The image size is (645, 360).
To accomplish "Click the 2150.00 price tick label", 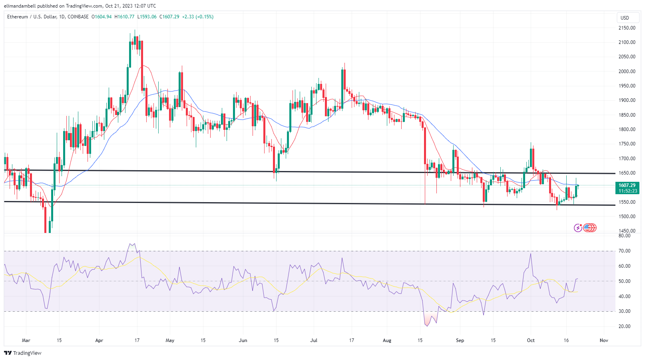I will (x=627, y=28).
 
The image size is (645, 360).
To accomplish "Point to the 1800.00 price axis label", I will (x=627, y=129).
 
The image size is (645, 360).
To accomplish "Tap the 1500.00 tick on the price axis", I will (x=627, y=217).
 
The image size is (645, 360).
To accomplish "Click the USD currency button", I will (x=625, y=18).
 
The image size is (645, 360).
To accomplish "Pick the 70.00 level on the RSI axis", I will (x=625, y=251).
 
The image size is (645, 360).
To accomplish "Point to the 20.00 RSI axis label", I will (x=625, y=326).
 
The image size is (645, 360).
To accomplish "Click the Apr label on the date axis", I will (x=99, y=340).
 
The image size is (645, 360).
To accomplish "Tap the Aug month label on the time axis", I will (x=387, y=340).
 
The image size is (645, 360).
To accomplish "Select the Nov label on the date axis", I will (x=604, y=340).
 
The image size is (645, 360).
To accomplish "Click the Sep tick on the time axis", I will (x=460, y=340).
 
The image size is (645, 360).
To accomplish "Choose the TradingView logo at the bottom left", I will (x=23, y=353).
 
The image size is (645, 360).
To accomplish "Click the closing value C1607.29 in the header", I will (x=169, y=17).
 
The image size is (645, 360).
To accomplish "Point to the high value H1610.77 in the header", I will (x=124, y=17).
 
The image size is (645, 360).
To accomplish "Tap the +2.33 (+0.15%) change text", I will (x=198, y=17).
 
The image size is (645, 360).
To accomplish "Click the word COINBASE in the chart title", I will (x=78, y=17).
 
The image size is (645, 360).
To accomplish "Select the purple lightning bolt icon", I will (x=578, y=228).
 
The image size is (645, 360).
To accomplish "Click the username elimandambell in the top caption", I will (x=20, y=6).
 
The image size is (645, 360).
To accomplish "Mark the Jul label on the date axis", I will (x=314, y=340).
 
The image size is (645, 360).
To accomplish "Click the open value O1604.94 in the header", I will (x=102, y=17).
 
